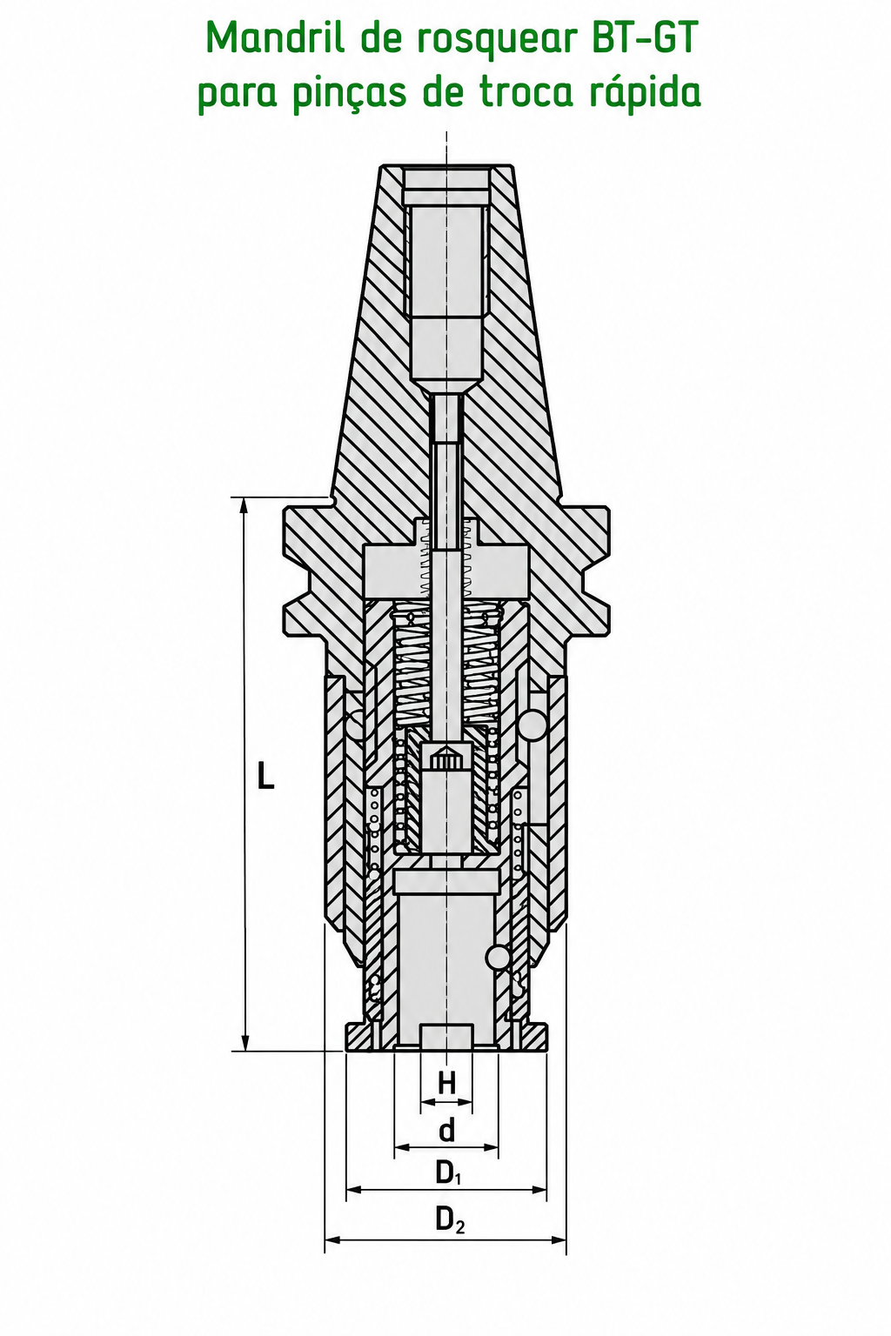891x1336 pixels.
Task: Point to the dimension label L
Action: click(265, 775)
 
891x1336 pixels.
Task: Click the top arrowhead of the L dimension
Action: click(245, 504)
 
